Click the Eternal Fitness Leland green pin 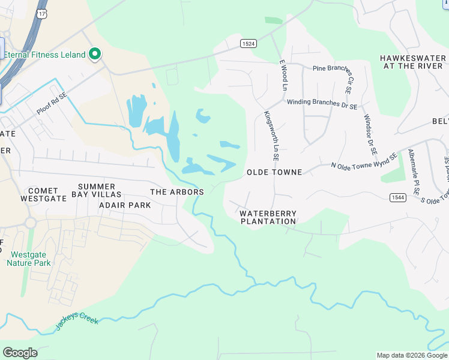click(x=94, y=55)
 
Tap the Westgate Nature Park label click(x=28, y=258)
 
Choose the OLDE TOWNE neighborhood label click(x=274, y=172)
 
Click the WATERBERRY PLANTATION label click(x=268, y=217)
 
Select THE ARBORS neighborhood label click(x=177, y=192)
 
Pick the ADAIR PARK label click(x=125, y=205)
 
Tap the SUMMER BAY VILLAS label click(x=96, y=190)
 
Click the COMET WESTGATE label click(x=43, y=194)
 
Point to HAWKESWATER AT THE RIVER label click(x=413, y=62)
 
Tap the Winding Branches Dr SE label click(x=322, y=104)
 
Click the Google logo click(x=20, y=353)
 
